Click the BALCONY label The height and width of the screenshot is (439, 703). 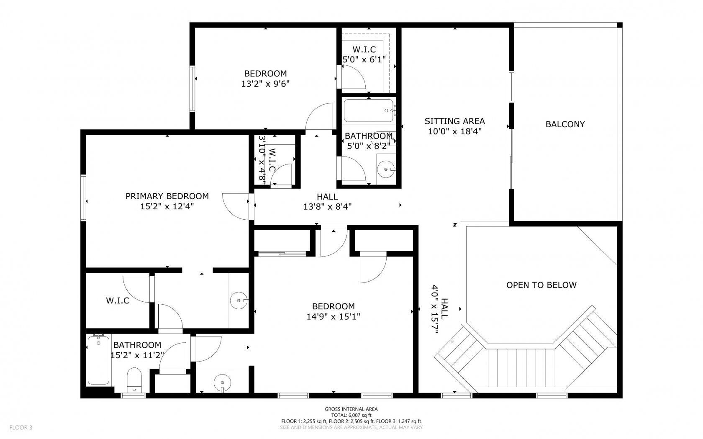click(x=565, y=124)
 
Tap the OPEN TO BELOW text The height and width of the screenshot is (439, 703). click(x=541, y=285)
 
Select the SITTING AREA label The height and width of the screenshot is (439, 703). click(x=454, y=121)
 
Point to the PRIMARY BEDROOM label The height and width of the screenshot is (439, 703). click(x=167, y=196)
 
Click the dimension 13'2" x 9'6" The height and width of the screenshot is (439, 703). click(x=265, y=83)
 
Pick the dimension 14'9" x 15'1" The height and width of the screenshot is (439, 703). click(x=333, y=316)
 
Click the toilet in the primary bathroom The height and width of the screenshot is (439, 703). click(x=134, y=379)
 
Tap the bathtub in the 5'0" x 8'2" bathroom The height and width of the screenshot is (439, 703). click(x=368, y=110)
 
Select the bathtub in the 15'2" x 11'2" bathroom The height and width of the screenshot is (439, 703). click(x=99, y=360)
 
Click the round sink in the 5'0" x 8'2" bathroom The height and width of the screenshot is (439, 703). click(x=386, y=169)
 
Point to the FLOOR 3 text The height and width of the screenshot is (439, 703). click(x=21, y=427)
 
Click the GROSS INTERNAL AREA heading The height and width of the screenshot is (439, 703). click(x=351, y=409)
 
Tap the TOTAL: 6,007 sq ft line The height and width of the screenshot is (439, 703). click(x=351, y=415)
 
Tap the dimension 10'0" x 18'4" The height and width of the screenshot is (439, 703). click(x=454, y=131)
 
